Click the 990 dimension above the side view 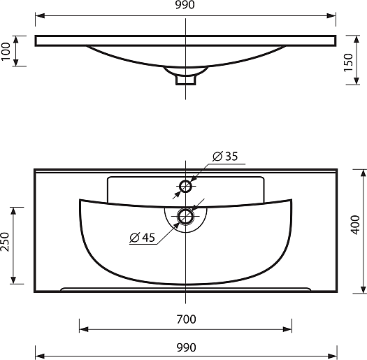pyautogui.click(x=185, y=5)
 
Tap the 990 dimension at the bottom pyautogui.click(x=187, y=347)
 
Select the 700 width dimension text pyautogui.click(x=187, y=319)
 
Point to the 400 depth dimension pyautogui.click(x=355, y=225)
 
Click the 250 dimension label pyautogui.click(x=5, y=242)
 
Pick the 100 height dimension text pyautogui.click(x=6, y=52)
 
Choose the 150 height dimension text pyautogui.click(x=348, y=63)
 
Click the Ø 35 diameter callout pyautogui.click(x=225, y=157)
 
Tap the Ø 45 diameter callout pyautogui.click(x=143, y=238)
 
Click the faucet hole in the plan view pyautogui.click(x=186, y=187)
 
